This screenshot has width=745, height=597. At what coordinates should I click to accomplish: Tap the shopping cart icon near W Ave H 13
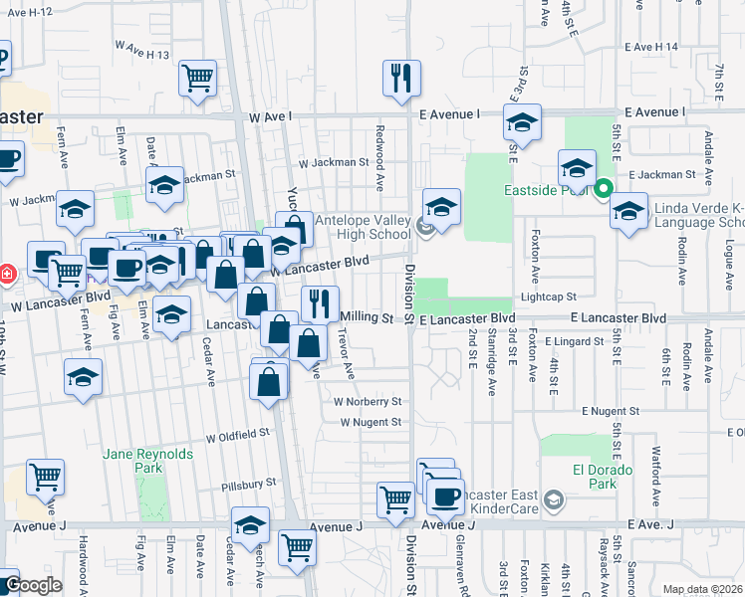[197, 79]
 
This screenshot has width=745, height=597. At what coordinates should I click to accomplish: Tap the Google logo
[32, 585]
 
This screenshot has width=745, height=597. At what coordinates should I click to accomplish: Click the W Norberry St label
[368, 402]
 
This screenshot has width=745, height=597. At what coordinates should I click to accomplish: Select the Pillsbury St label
[249, 483]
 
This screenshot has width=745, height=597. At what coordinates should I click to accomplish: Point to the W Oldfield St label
[238, 435]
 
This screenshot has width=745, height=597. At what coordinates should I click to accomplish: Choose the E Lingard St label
[576, 341]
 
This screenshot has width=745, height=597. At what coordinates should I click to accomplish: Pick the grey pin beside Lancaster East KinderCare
[556, 499]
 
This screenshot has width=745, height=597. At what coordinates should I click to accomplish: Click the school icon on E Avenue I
[521, 123]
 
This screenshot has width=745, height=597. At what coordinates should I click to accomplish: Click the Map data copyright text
[703, 589]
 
